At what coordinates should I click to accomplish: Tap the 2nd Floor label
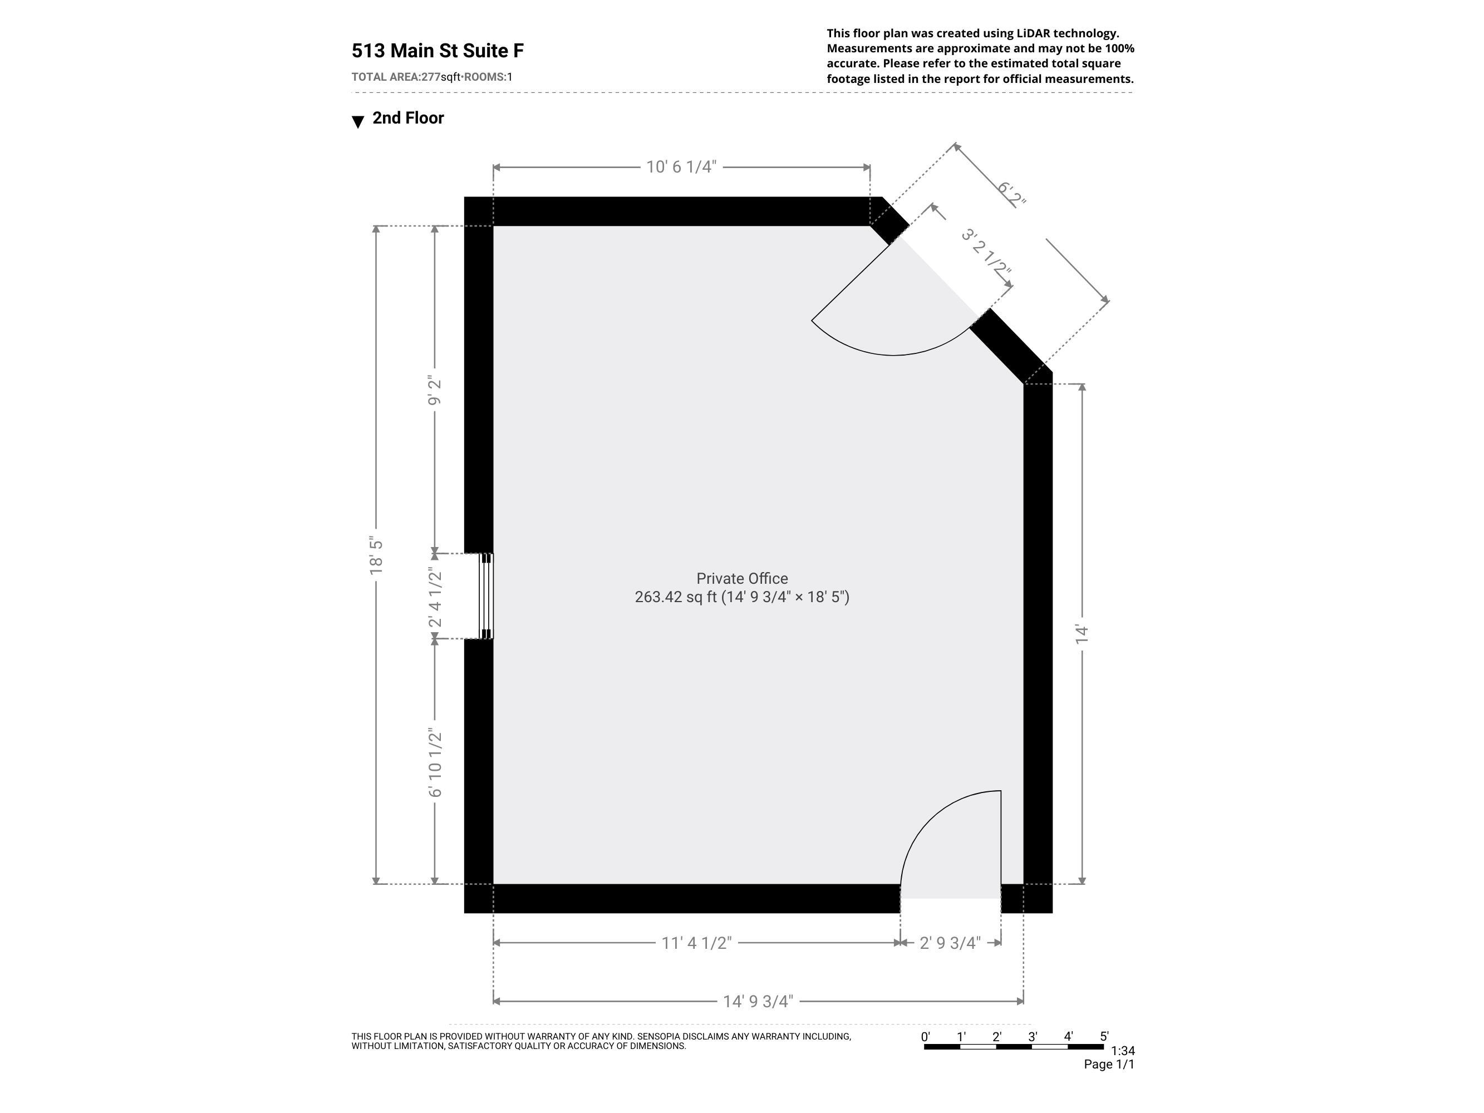[x=408, y=118]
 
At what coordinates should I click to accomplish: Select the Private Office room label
[x=742, y=578]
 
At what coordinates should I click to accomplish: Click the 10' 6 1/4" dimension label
[x=681, y=167]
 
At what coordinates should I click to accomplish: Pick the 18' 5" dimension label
[x=376, y=555]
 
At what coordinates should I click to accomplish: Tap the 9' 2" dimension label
[x=435, y=392]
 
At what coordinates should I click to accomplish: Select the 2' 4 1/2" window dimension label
[x=435, y=597]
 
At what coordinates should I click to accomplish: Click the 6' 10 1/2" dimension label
[x=435, y=763]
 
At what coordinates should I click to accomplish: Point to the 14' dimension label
[x=1082, y=634]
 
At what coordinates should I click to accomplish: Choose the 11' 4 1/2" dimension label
[x=696, y=943]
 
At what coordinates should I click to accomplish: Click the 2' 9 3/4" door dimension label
[x=950, y=943]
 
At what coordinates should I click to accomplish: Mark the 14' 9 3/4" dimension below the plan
[x=758, y=1002]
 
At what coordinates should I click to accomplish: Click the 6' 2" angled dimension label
[x=1011, y=194]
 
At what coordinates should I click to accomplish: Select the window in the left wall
[x=486, y=596]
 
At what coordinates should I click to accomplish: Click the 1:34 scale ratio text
[x=1122, y=1051]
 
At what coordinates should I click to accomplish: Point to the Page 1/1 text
[x=1109, y=1064]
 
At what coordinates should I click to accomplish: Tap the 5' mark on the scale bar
[x=1104, y=1037]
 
